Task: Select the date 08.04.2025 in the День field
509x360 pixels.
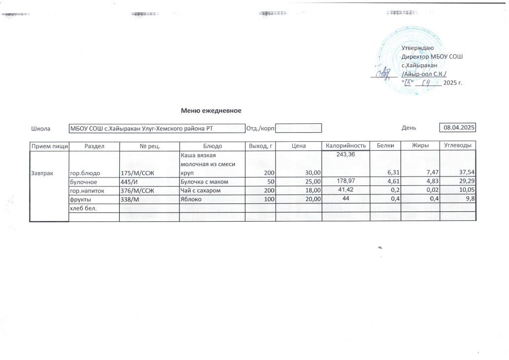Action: point(458,128)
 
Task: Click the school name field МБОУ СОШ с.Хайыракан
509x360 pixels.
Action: point(157,129)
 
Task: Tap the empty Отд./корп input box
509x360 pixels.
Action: point(298,128)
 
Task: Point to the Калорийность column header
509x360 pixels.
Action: point(346,146)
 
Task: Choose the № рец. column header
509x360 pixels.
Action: point(149,146)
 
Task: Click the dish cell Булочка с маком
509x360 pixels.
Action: point(204,181)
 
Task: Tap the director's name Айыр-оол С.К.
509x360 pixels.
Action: point(424,74)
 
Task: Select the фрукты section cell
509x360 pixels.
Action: point(80,199)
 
